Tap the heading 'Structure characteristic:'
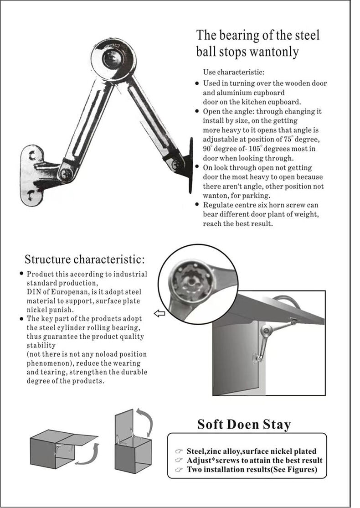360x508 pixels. pyautogui.click(x=84, y=259)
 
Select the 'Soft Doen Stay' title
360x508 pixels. pyautogui.click(x=244, y=425)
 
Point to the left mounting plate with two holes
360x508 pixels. pyautogui.click(x=32, y=175)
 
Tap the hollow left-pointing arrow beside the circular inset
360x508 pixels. pyautogui.click(x=159, y=313)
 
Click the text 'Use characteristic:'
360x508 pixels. pyautogui.click(x=233, y=72)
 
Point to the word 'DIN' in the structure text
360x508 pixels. pyautogui.click(x=33, y=292)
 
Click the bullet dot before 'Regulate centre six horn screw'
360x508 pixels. pyautogui.click(x=197, y=205)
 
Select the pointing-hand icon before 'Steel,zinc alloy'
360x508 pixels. pyautogui.click(x=179, y=451)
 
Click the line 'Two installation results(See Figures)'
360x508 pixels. pyautogui.click(x=252, y=470)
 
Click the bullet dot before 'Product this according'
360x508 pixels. pyautogui.click(x=21, y=274)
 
